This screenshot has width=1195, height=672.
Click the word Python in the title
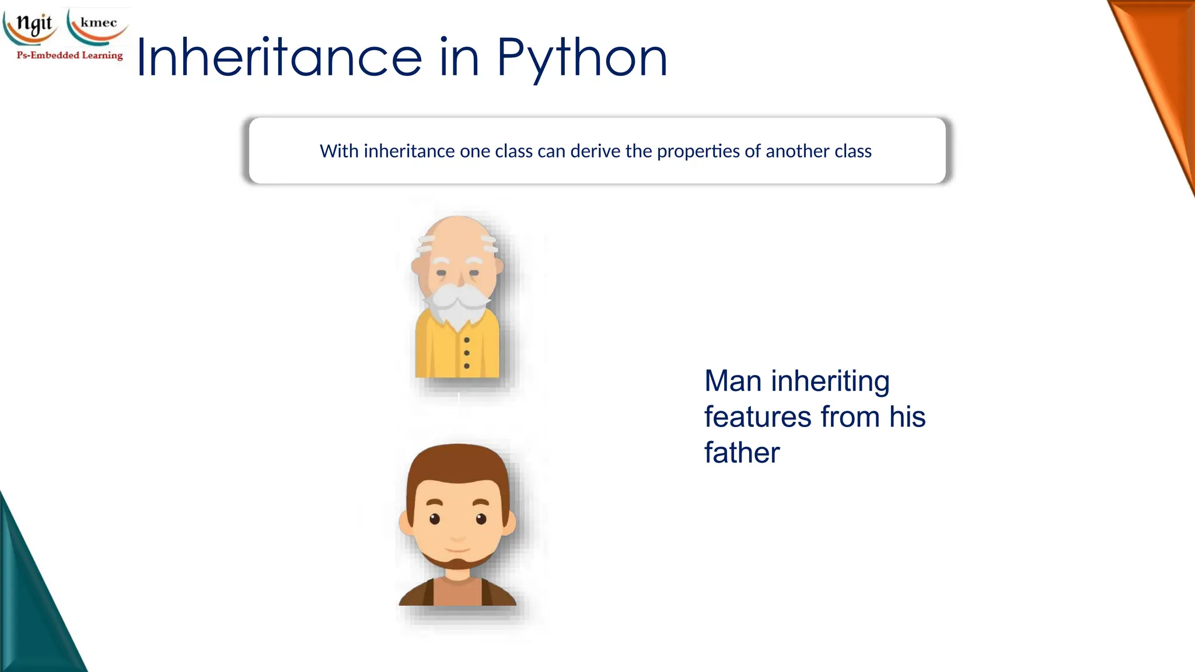pyautogui.click(x=582, y=58)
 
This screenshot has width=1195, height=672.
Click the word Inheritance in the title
pyautogui.click(x=279, y=58)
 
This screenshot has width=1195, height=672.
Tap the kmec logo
pyautogui.click(x=98, y=24)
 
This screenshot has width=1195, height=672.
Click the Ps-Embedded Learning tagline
pyautogui.click(x=70, y=55)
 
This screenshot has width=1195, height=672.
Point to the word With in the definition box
pyautogui.click(x=339, y=151)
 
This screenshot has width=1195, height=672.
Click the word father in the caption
pyautogui.click(x=742, y=453)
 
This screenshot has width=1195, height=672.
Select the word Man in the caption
pyautogui.click(x=733, y=381)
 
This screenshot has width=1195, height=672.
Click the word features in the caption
pyautogui.click(x=757, y=416)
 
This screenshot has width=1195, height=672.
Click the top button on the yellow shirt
pyautogui.click(x=467, y=340)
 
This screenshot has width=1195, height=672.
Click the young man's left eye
pyautogui.click(x=434, y=519)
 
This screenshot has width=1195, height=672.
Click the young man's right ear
pyautogui.click(x=509, y=522)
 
